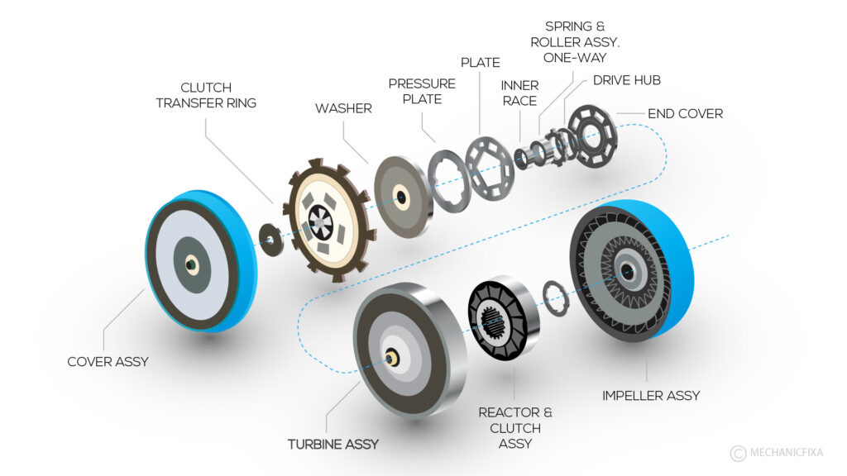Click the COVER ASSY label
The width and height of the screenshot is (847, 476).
pyautogui.click(x=107, y=361)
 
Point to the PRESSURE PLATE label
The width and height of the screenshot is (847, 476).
pyautogui.click(x=422, y=91)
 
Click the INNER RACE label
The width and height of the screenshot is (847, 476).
pyautogui.click(x=519, y=93)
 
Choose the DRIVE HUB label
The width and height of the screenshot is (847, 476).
pyautogui.click(x=626, y=80)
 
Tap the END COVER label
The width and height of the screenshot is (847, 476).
pyautogui.click(x=685, y=113)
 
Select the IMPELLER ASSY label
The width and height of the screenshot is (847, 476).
pyautogui.click(x=651, y=395)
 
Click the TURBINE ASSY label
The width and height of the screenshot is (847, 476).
pyautogui.click(x=333, y=444)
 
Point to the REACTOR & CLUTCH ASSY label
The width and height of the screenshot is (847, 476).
pyautogui.click(x=514, y=428)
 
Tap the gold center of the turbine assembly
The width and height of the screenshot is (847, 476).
pyautogui.click(x=389, y=359)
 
